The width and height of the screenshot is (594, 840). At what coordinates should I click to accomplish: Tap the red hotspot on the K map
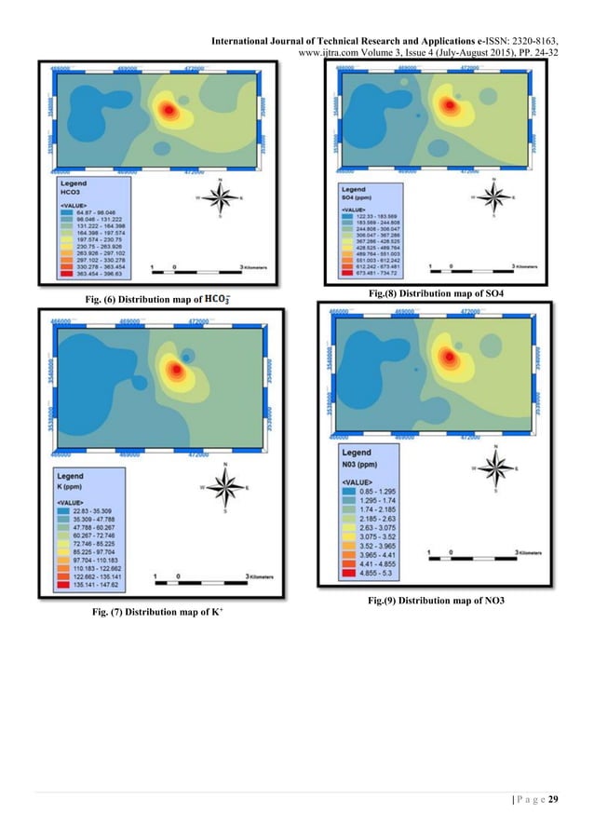coord(175,370)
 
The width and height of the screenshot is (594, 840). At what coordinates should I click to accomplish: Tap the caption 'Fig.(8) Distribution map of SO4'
coord(435,293)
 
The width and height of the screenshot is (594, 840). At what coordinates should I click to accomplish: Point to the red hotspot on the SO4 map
coord(451,103)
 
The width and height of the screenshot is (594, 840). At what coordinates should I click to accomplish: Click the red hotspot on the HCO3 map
coord(169,111)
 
